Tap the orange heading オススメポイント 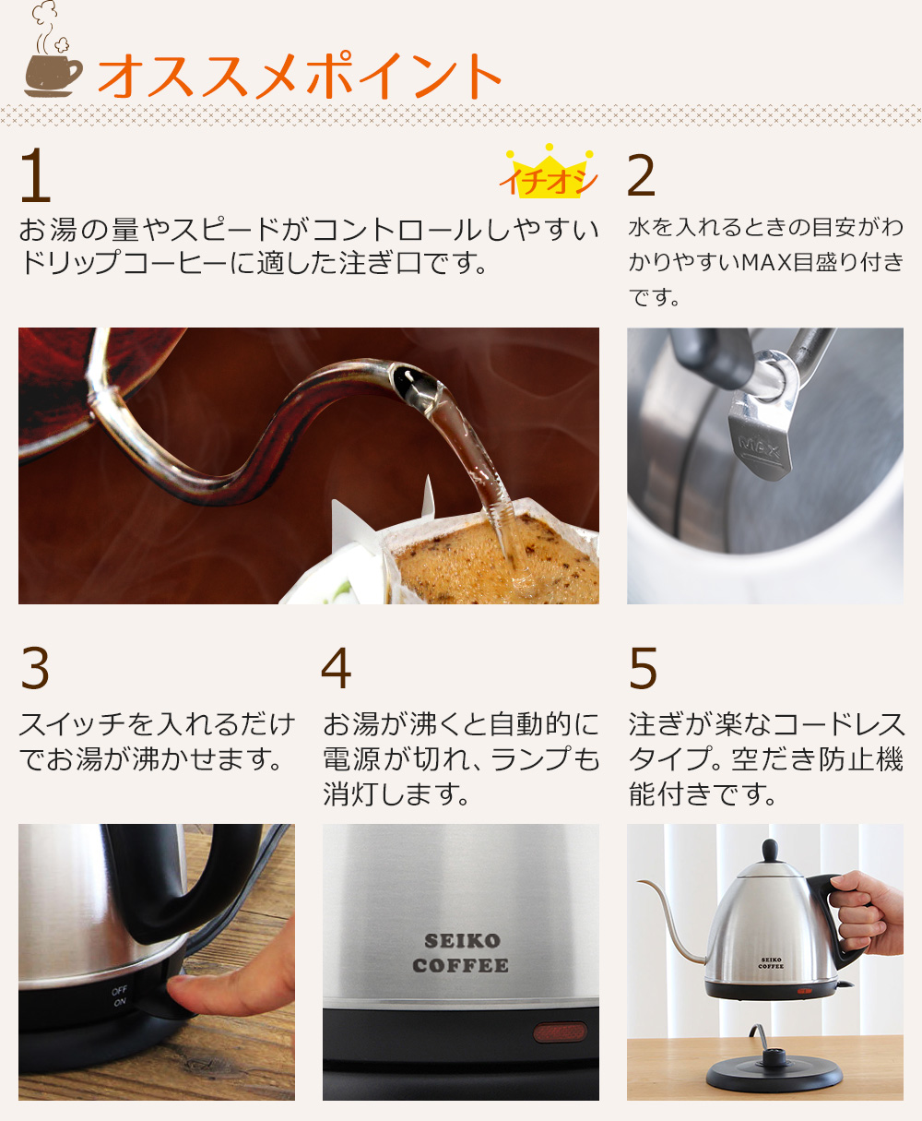[x=300, y=76]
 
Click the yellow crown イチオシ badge [x=550, y=173]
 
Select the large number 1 [x=36, y=175]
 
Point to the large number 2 [x=641, y=175]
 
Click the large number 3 [x=35, y=668]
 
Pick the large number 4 [x=337, y=668]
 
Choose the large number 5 [x=643, y=668]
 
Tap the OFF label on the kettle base [x=119, y=990]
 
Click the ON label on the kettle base [x=120, y=1003]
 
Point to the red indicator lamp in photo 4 [x=560, y=1032]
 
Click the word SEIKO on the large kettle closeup [x=462, y=941]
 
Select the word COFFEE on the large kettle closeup [x=460, y=965]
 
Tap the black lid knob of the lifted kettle [x=770, y=851]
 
